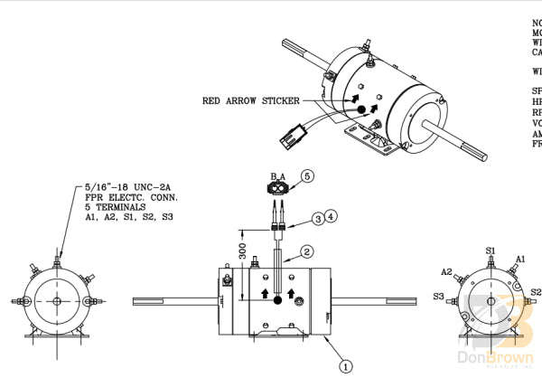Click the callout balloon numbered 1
(x=344, y=367)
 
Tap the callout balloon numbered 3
(x=317, y=219)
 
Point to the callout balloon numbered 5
(x=306, y=175)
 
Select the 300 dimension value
(x=241, y=250)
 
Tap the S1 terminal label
(x=491, y=249)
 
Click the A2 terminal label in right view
(x=446, y=272)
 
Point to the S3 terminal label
(x=438, y=296)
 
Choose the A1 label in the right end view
(x=520, y=260)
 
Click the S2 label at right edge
(x=535, y=292)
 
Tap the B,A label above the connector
(x=278, y=175)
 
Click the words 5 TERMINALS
(x=113, y=207)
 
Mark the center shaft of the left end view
(x=56, y=301)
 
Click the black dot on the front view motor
(x=278, y=299)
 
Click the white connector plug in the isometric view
(x=292, y=139)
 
